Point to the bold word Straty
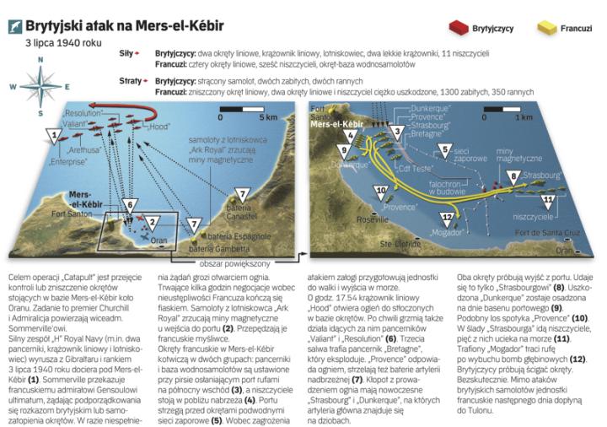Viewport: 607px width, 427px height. pyautogui.click(x=130, y=80)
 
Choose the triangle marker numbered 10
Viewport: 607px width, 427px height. pyautogui.click(x=380, y=191)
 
